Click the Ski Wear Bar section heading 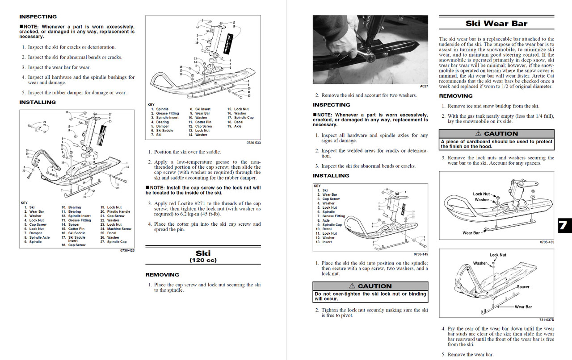coord(496,24)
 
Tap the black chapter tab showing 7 coord(564,226)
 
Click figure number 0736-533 coord(253,143)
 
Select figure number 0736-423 coord(127,250)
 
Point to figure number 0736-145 coord(420,254)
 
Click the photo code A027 coord(424,86)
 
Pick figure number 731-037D coord(547,319)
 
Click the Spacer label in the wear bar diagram coord(523,287)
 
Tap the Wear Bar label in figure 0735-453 coord(471,233)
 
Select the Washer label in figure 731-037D coord(480,264)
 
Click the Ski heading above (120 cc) coord(203,253)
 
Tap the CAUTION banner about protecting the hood coord(496,133)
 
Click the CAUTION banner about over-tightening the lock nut coord(370,286)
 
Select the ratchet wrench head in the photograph coord(370,57)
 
